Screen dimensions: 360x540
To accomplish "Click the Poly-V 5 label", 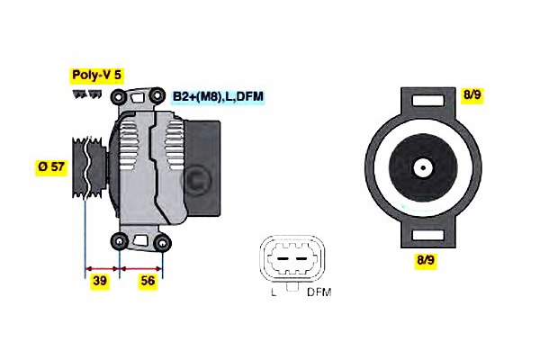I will click(x=97, y=76).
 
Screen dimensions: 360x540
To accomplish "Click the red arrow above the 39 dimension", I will click(x=102, y=268).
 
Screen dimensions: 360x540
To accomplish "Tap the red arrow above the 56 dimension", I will click(x=141, y=268).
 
